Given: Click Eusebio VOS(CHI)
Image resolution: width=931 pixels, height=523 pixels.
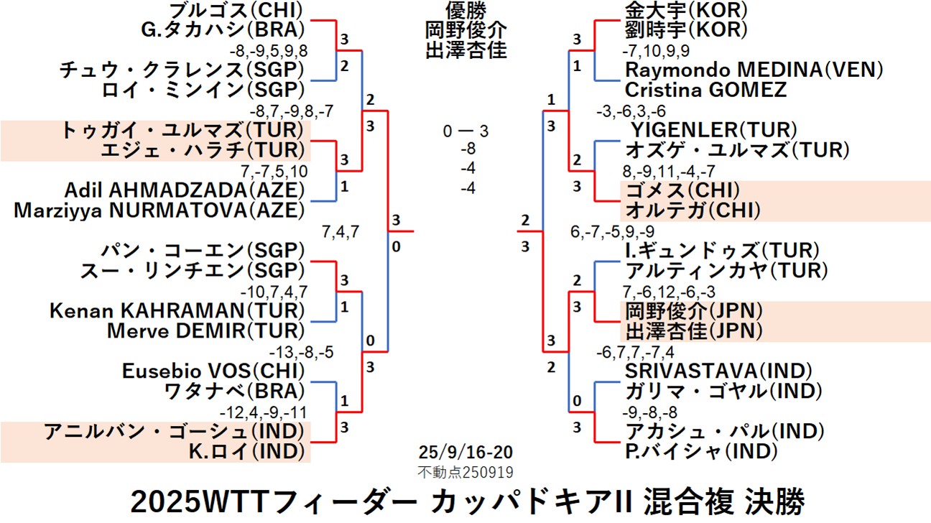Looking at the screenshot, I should click(x=213, y=371).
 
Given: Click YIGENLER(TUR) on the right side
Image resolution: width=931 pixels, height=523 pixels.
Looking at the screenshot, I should click(x=715, y=130).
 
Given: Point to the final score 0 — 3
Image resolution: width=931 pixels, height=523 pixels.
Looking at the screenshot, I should click(x=465, y=131).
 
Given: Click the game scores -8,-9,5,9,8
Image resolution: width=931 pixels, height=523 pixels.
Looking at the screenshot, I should click(x=268, y=51).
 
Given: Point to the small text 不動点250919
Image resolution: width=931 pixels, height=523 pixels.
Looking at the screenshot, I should click(x=465, y=471).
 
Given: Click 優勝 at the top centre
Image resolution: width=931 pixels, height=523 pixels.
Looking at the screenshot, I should click(x=465, y=10).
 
